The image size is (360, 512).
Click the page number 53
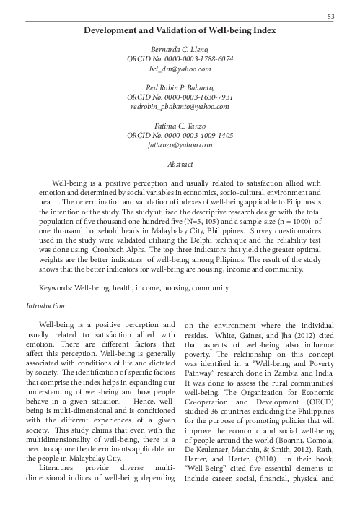[x=331, y=17]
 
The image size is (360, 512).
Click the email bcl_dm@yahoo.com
[x=180, y=69]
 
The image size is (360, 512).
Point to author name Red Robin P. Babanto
[x=180, y=88]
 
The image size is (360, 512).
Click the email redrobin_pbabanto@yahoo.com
[x=180, y=106]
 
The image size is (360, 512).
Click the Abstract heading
[x=180, y=165]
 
